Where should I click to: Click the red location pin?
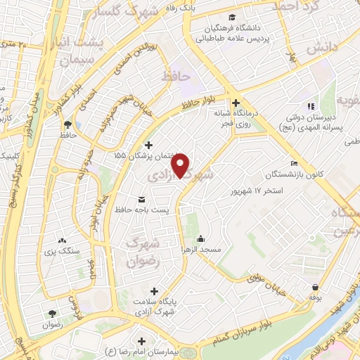[x=181, y=165]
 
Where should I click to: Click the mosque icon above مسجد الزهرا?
[x=201, y=238]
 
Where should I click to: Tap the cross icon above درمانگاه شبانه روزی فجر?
[x=237, y=101]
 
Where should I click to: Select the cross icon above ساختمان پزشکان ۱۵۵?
[x=147, y=145]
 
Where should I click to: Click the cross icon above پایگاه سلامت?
[x=155, y=291]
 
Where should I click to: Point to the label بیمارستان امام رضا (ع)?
[x=140, y=351]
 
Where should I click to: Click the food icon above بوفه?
[x=314, y=287]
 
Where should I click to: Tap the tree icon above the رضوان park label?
[x=53, y=314]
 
